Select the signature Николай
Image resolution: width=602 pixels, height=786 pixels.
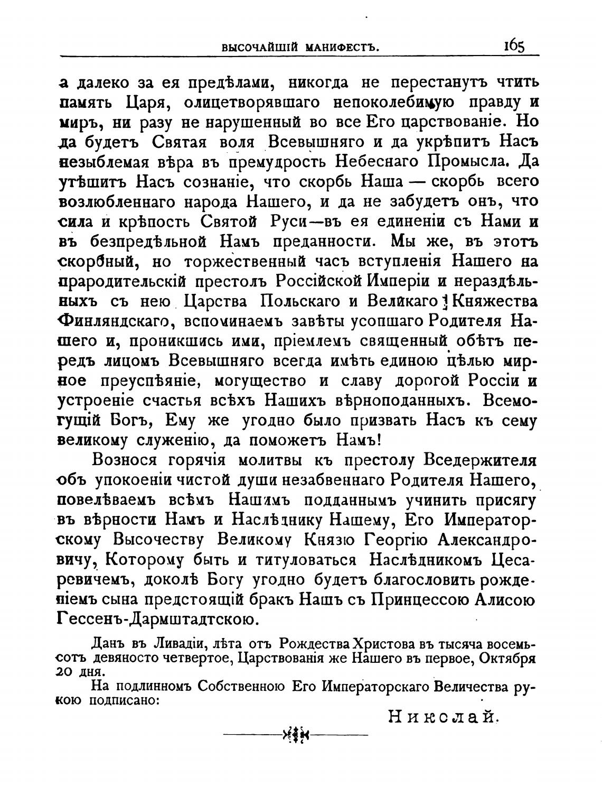(444, 717)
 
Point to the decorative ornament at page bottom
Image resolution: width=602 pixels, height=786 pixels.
(296, 735)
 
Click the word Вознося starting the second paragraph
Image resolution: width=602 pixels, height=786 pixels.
(125, 460)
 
